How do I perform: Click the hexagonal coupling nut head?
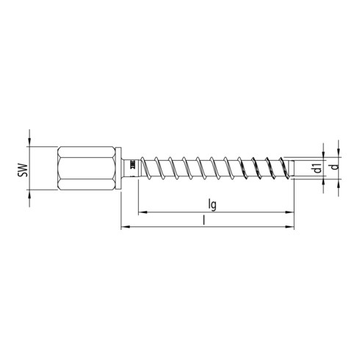[87, 168]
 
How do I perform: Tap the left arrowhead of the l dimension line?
[123, 228]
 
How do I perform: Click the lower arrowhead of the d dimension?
[337, 184]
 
